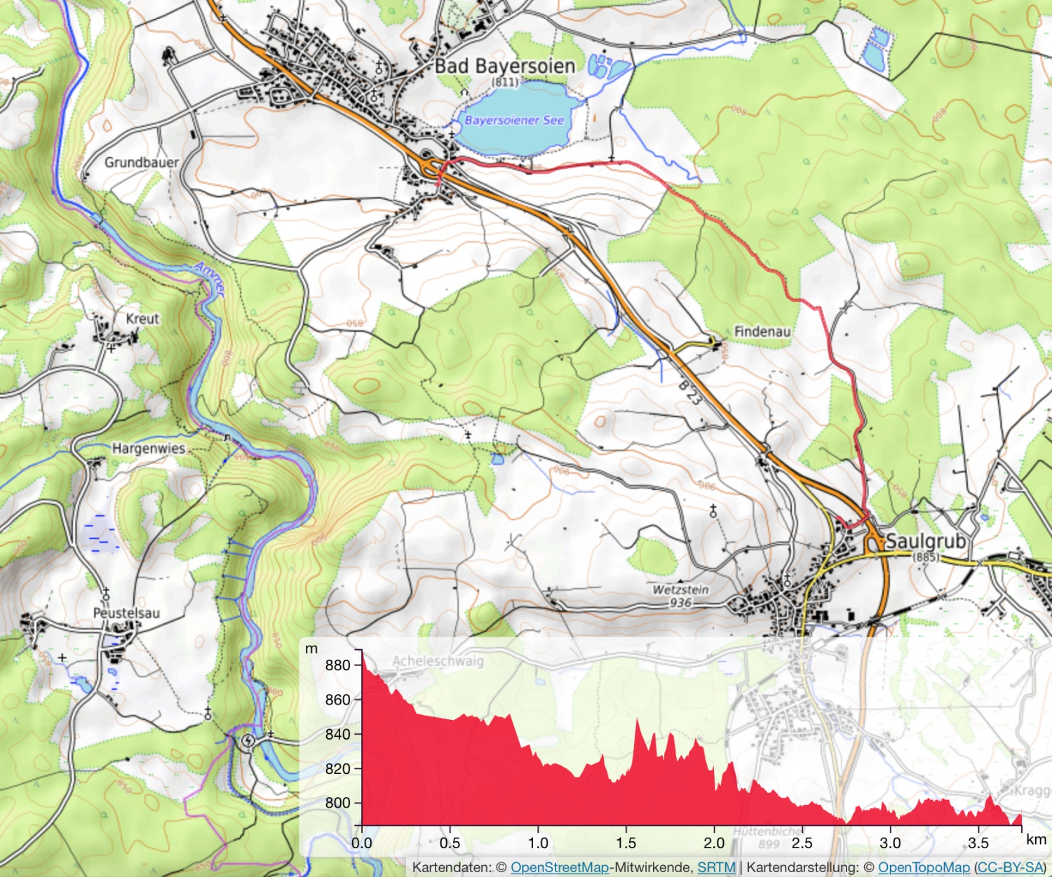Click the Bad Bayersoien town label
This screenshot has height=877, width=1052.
504,66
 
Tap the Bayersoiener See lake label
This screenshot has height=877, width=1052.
514,120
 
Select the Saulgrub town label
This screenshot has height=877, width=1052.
926,541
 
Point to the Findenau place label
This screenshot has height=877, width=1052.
762,331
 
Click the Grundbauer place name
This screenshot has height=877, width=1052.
141,162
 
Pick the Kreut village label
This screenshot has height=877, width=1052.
142,318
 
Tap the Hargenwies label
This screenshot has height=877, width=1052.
149,448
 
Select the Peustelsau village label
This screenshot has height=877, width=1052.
126,613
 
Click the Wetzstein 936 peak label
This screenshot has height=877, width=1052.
680,596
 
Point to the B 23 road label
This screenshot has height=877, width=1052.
690,393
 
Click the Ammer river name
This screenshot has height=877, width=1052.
210,278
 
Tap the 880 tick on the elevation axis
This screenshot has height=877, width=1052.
337,665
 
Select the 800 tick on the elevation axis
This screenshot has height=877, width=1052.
337,803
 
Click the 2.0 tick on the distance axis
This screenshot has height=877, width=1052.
714,843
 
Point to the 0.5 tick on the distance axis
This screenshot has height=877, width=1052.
450,843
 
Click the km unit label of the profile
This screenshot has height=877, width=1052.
1035,839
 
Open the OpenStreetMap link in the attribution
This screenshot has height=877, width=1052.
559,867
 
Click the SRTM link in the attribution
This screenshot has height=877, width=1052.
716,867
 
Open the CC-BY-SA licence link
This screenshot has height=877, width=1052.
1009,867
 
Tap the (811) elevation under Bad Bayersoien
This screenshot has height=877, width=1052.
505,82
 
